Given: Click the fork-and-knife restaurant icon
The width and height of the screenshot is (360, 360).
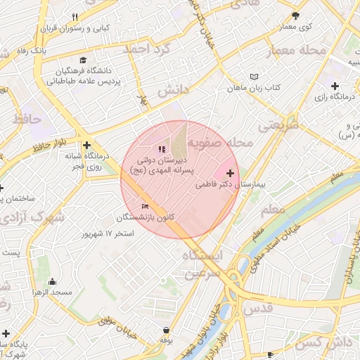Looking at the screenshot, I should [x=75, y=17].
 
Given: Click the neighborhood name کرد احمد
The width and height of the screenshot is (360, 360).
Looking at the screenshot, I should [x=147, y=49].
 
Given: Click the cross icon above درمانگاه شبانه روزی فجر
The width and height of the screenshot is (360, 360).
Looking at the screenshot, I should [x=86, y=144].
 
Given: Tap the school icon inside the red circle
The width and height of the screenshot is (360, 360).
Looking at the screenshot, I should [x=162, y=149].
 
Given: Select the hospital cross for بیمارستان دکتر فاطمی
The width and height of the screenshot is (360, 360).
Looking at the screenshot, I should [x=230, y=172].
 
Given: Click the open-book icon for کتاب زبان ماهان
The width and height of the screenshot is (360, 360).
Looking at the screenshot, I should [x=254, y=77].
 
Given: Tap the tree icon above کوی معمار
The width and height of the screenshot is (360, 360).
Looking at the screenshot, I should [x=295, y=15].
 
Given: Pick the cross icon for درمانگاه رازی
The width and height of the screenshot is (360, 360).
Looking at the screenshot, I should [x=335, y=85].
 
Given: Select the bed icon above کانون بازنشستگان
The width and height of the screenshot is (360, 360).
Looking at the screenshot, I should [x=145, y=206].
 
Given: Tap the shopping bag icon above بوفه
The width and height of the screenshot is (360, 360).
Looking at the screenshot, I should [x=166, y=330].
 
